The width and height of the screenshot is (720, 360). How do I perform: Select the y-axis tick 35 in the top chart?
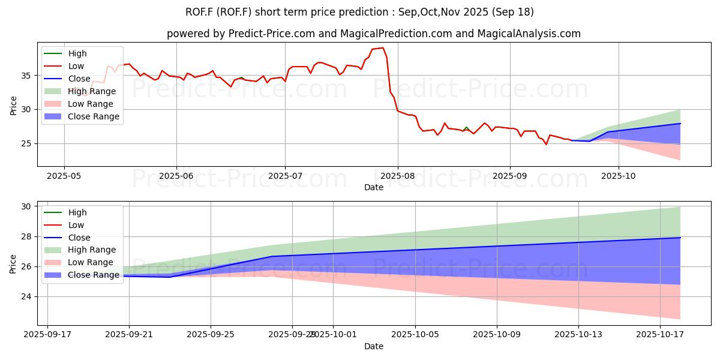pos(28,76)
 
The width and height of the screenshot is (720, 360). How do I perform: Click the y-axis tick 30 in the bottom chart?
pos(28,206)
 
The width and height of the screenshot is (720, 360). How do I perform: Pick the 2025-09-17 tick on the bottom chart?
pos(47,334)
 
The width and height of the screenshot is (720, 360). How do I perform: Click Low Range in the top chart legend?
pos(91,104)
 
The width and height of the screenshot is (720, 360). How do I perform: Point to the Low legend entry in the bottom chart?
pos(76,224)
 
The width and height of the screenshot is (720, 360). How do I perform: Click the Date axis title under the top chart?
pos(374,187)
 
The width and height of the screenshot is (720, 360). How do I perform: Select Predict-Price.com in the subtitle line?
pos(272,34)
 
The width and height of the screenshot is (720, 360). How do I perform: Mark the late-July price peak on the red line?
pos(383,48)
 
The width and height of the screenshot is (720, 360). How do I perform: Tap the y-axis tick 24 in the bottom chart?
pos(28,296)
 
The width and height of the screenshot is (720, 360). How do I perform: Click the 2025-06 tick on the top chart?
pos(176,175)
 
